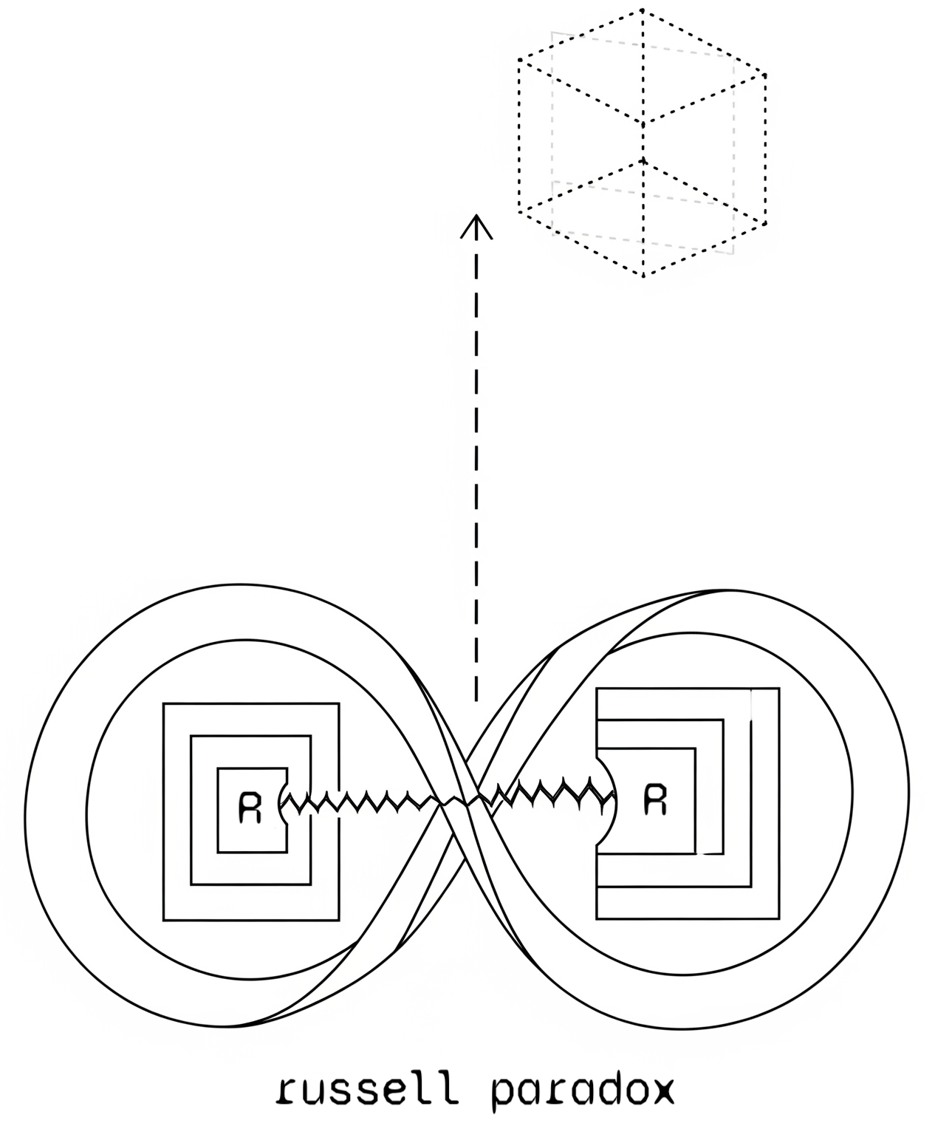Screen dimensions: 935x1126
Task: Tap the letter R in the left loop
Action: coord(251,808)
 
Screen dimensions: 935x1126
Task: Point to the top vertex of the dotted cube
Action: coord(642,10)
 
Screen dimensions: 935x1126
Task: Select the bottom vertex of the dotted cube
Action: coord(643,276)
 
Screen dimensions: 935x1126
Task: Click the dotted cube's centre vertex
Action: coord(643,124)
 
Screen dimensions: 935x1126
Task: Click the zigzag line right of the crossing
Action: coord(547,791)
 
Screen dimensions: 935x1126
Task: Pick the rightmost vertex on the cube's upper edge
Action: coord(765,75)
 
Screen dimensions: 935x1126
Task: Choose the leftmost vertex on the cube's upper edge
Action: coord(519,61)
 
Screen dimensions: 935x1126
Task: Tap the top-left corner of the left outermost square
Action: coord(164,704)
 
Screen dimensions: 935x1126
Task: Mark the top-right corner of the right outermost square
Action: coord(778,689)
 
